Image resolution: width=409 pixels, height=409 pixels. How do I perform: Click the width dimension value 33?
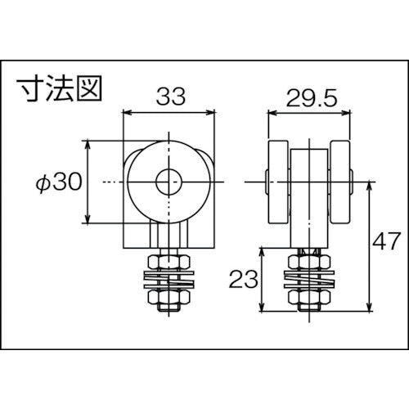[169, 97]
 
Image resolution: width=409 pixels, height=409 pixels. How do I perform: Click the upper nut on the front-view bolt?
[169, 261]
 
